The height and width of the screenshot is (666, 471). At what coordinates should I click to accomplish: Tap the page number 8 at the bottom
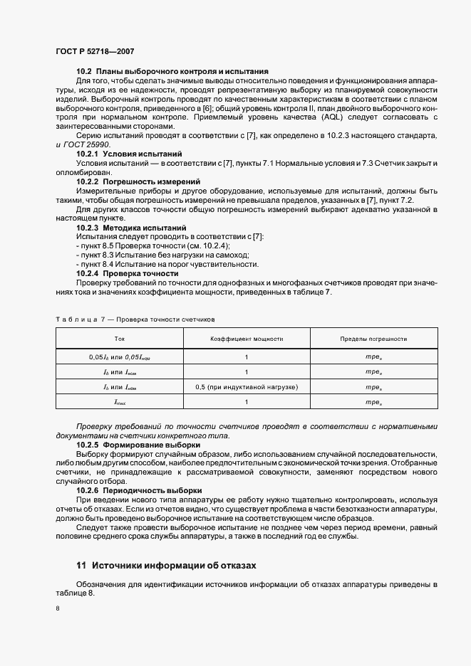57,609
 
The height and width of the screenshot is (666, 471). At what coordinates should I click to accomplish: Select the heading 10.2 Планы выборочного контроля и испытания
172,72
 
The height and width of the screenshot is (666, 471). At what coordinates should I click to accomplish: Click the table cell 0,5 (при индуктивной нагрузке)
247,386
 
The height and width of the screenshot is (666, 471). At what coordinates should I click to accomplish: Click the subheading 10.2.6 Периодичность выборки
139,491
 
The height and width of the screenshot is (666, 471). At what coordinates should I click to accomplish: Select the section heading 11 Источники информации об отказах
166,565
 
